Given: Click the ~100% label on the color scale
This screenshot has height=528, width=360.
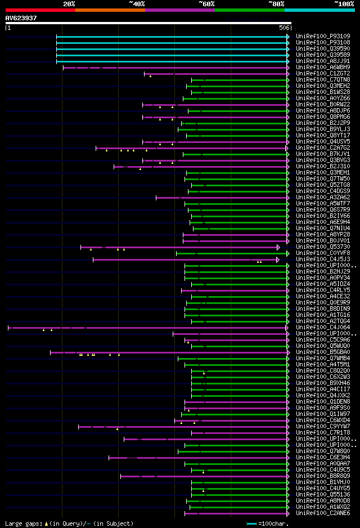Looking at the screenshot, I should pyautogui.click(x=344, y=3).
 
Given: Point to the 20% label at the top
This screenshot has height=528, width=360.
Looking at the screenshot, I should pyautogui.click(x=69, y=3).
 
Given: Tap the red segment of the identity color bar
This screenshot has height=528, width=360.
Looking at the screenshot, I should pyautogui.click(x=40, y=10).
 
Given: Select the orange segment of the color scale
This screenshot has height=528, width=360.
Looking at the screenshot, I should pyautogui.click(x=110, y=10).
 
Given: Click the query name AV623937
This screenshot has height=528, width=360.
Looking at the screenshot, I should pyautogui.click(x=21, y=18).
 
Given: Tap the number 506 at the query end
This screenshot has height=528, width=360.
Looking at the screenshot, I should pyautogui.click(x=284, y=28).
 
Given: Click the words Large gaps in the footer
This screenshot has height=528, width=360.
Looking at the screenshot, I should pyautogui.click(x=22, y=523).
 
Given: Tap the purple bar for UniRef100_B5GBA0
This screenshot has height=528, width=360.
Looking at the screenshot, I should pyautogui.click(x=169, y=352).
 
